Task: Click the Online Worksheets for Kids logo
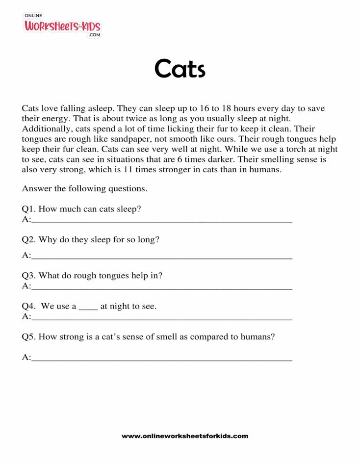click(62, 25)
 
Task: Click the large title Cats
click(180, 69)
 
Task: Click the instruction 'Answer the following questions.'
click(84, 188)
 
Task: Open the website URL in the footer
click(185, 436)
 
